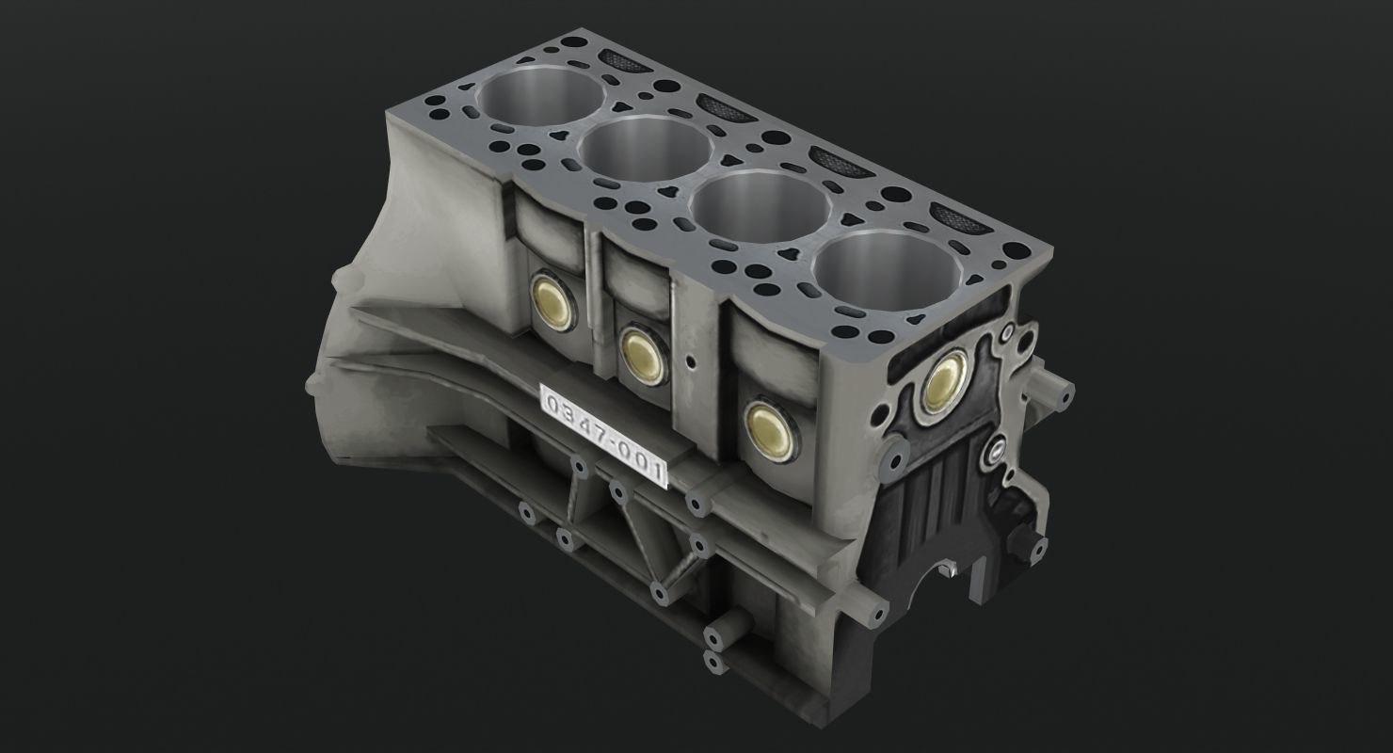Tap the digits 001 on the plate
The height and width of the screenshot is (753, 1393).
(x=643, y=460)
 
